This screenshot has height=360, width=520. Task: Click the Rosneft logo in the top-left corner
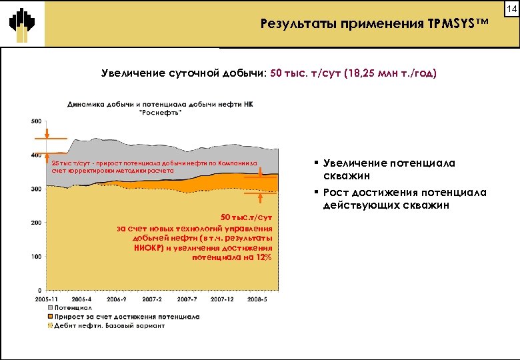22,24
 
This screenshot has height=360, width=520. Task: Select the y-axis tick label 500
35,121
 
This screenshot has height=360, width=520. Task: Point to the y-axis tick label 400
35,155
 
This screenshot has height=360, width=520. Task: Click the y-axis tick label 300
35,189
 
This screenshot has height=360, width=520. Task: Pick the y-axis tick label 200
35,223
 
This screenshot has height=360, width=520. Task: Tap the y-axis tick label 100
35,257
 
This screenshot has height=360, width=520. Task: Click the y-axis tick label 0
39,291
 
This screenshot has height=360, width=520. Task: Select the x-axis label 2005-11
46,300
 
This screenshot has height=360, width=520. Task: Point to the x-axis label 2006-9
117,300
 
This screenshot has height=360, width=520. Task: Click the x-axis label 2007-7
187,300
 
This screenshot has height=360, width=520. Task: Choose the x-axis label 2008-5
257,300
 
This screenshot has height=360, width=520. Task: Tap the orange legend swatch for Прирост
49,317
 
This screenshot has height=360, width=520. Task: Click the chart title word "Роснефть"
160,113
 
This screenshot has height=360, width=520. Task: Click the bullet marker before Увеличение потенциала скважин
315,163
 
